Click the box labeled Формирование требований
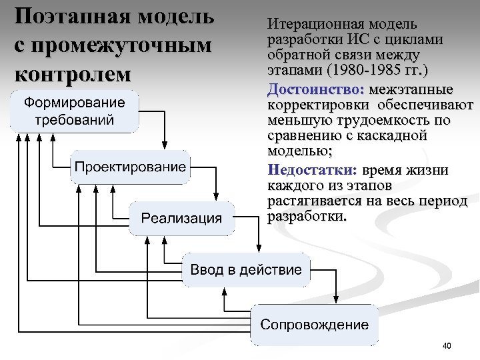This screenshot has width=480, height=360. (75, 111)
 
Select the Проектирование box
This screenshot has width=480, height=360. (129, 167)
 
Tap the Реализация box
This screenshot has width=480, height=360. (181, 217)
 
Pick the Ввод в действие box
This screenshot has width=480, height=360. (246, 270)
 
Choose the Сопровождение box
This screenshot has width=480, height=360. (314, 325)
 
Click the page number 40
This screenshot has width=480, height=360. (447, 345)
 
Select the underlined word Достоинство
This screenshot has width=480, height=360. (315, 89)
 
